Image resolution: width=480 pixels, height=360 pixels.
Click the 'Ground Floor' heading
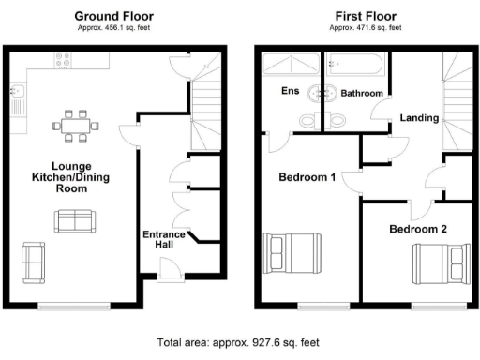click(113, 16)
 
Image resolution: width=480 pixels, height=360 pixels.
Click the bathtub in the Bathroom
click(357, 65)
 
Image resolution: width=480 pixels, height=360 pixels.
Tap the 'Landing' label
click(419, 118)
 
